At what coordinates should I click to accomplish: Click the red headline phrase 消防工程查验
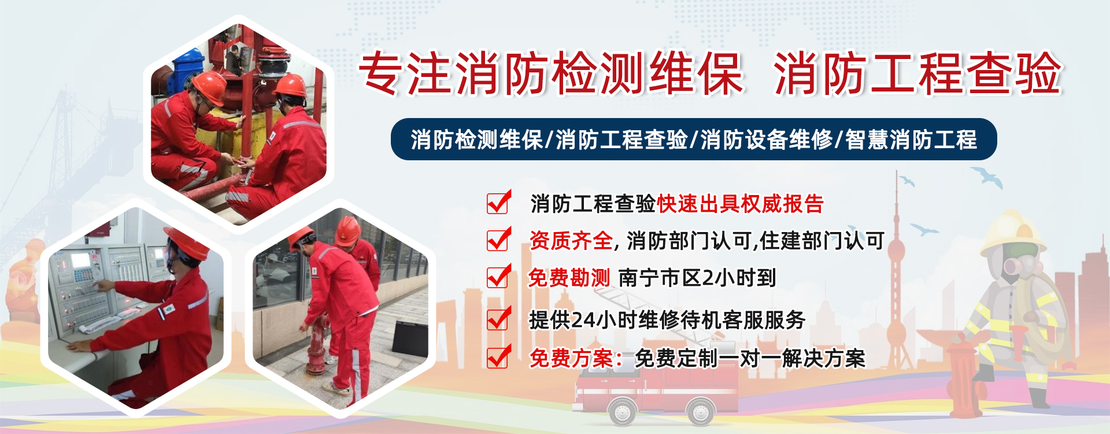[917, 73]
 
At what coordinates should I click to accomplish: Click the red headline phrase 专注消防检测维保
[550, 73]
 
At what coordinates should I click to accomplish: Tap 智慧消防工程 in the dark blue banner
[911, 140]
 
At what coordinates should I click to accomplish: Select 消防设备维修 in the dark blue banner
[767, 140]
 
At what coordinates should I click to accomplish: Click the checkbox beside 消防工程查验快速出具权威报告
[498, 203]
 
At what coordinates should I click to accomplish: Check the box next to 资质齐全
[498, 239]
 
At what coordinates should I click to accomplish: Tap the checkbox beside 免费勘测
[498, 276]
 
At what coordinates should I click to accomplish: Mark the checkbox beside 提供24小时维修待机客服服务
[498, 318]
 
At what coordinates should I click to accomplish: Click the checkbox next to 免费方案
[498, 356]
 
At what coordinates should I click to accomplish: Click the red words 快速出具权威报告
[740, 204]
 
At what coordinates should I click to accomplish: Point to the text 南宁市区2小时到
[697, 278]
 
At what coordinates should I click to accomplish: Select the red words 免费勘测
[569, 278]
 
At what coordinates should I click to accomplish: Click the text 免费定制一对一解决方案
[750, 359]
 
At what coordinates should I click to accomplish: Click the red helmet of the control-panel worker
[186, 243]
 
